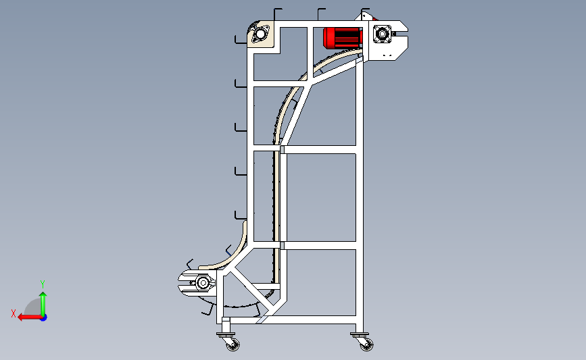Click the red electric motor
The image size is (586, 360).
(343, 38)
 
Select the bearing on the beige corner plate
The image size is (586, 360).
(260, 34)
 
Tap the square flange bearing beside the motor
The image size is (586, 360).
(382, 34)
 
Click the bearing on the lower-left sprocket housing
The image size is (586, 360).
(203, 283)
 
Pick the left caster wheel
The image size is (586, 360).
(233, 344)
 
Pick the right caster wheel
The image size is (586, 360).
(366, 344)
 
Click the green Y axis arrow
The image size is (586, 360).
(43, 304)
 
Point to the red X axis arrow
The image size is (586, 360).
(30, 317)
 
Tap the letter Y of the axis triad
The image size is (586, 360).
(43, 284)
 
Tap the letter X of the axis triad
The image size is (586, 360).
(14, 313)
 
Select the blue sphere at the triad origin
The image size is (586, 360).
(44, 318)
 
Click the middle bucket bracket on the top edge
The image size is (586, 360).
(320, 14)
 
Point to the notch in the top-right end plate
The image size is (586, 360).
(401, 34)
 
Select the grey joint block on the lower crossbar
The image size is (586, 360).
(282, 245)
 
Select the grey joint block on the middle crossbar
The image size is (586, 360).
(282, 149)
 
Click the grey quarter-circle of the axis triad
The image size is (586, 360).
(33, 307)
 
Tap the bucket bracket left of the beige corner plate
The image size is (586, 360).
(240, 39)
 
